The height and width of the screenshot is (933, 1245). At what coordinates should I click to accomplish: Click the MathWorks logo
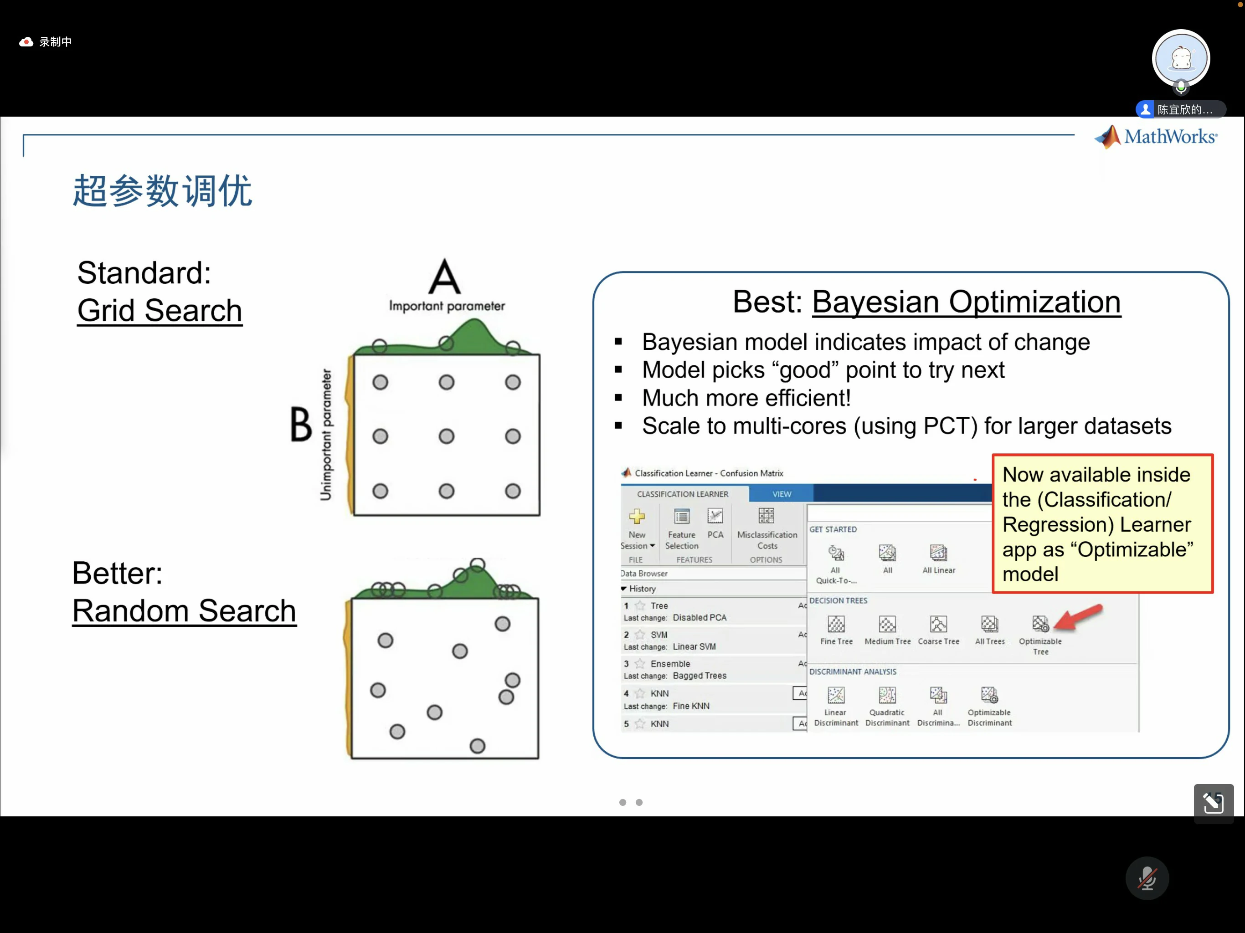pyautogui.click(x=1156, y=137)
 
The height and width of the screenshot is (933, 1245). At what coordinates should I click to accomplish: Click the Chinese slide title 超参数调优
pyautogui.click(x=163, y=191)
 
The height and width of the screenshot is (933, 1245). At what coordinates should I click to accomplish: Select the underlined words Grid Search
pyautogui.click(x=160, y=311)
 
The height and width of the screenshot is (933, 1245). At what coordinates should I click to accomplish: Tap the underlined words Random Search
pyautogui.click(x=184, y=611)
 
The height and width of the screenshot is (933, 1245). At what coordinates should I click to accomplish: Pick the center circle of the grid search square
pyautogui.click(x=446, y=436)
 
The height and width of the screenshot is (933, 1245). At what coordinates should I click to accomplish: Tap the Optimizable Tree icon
pyautogui.click(x=1040, y=624)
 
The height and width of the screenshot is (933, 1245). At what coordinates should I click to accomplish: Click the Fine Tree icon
pyautogui.click(x=836, y=624)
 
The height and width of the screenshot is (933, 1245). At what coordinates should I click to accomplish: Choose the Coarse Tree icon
pyautogui.click(x=938, y=624)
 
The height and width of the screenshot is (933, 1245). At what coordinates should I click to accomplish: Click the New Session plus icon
pyautogui.click(x=637, y=516)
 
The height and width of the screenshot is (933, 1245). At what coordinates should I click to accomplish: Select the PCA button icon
pyautogui.click(x=715, y=516)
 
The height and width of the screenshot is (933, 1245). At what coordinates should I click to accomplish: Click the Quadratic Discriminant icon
pyautogui.click(x=887, y=695)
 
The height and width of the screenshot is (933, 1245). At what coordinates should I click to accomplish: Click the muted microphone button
pyautogui.click(x=1147, y=878)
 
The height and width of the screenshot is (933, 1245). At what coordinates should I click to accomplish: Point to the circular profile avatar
pyautogui.click(x=1181, y=58)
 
